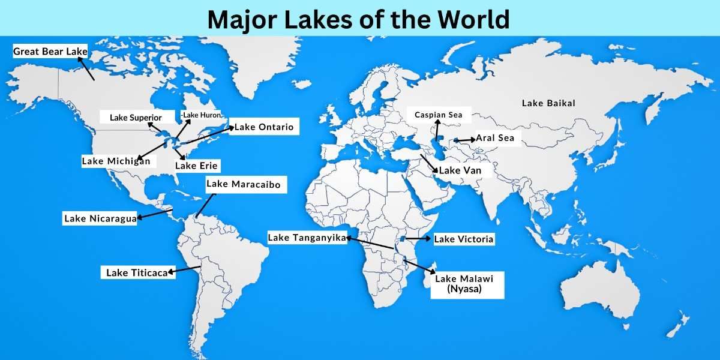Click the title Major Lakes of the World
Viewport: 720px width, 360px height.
click(x=359, y=19)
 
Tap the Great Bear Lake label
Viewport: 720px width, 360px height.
click(x=50, y=52)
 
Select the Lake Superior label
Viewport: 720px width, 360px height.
click(x=136, y=118)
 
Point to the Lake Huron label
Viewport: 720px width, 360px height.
click(x=201, y=115)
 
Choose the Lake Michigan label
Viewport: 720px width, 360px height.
click(x=116, y=161)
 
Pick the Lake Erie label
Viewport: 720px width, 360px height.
click(x=197, y=165)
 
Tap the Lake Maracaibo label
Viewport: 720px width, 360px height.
click(x=243, y=184)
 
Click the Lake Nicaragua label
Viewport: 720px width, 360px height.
click(x=101, y=218)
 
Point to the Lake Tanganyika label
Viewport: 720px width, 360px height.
click(x=307, y=238)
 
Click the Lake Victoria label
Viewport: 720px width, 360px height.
click(x=464, y=239)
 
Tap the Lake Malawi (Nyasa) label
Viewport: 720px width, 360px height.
click(x=467, y=284)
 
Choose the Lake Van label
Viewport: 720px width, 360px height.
click(x=459, y=170)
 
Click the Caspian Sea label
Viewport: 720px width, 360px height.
click(x=439, y=114)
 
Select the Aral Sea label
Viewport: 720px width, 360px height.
click(x=495, y=138)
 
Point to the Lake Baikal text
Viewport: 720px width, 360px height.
click(x=548, y=103)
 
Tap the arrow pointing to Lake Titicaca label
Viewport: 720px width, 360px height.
click(x=185, y=270)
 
